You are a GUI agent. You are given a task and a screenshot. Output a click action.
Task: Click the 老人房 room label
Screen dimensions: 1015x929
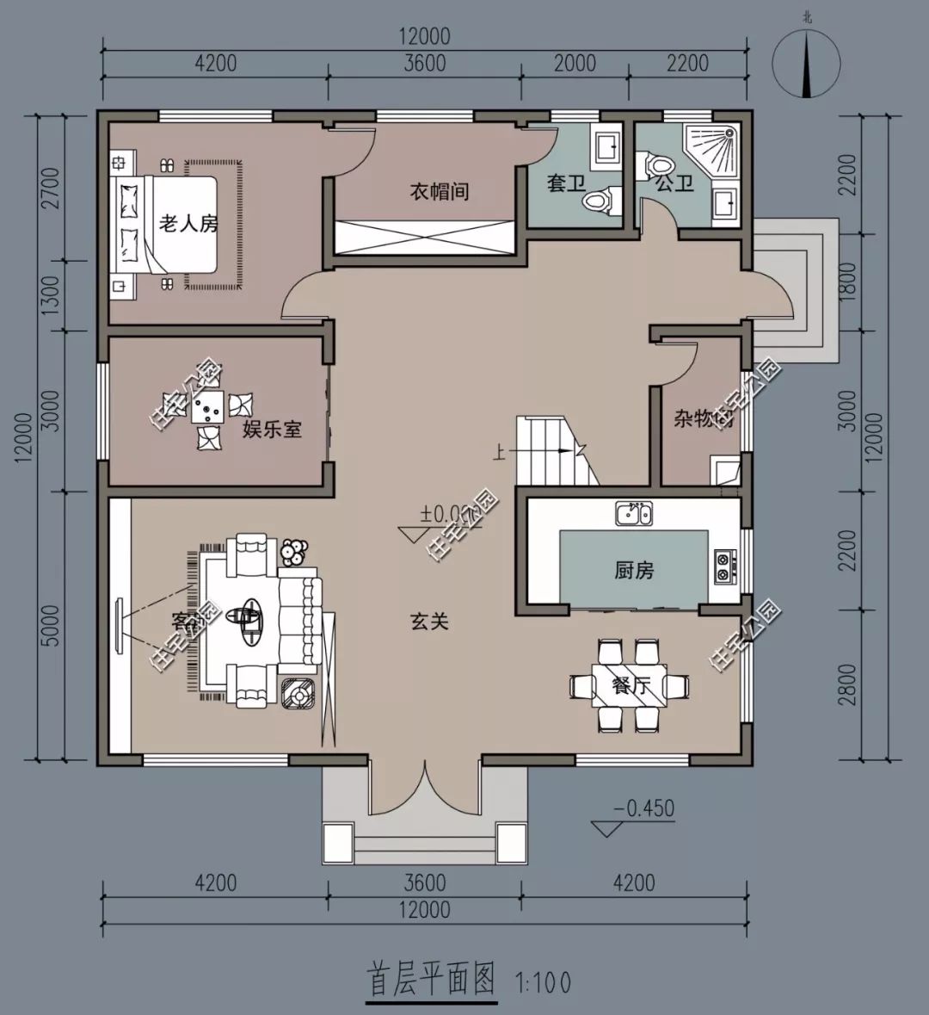tap(188, 225)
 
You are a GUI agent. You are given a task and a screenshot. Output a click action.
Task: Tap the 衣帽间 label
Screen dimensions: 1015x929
tap(439, 191)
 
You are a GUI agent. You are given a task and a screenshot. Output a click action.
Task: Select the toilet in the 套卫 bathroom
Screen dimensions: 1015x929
tap(600, 200)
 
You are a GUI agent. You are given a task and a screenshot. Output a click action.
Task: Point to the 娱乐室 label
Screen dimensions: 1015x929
tap(272, 428)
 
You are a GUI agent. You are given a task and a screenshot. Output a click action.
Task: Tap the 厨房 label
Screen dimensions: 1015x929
tap(634, 570)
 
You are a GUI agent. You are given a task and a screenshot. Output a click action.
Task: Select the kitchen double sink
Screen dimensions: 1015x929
tap(634, 514)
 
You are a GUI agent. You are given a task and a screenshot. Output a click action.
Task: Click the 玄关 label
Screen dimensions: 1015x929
tap(428, 621)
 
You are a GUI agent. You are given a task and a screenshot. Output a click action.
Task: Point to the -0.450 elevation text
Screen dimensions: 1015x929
tap(643, 809)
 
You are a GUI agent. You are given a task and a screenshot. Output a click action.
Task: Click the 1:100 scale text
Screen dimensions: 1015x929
tap(543, 981)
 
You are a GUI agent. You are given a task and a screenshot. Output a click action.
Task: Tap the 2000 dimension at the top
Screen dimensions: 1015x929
tap(575, 63)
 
